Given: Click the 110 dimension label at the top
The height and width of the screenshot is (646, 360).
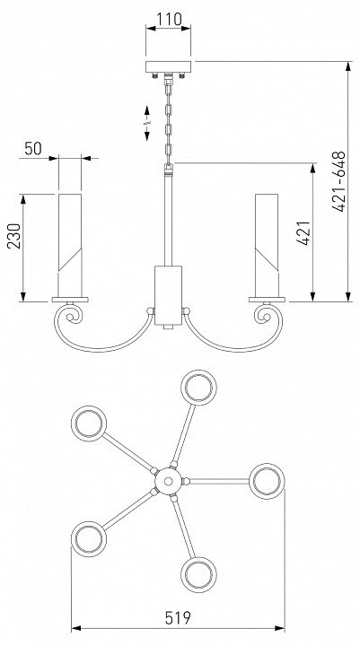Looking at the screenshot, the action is pyautogui.click(x=169, y=20).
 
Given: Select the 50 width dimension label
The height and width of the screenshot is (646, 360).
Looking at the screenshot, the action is pyautogui.click(x=33, y=149).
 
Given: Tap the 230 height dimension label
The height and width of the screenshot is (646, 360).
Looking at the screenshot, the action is pyautogui.click(x=14, y=236).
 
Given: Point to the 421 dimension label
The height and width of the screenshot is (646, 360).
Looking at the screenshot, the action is pyautogui.click(x=303, y=233).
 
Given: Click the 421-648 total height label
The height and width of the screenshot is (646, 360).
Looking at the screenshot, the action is pyautogui.click(x=338, y=181).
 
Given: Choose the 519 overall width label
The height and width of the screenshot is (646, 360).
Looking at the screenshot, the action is pyautogui.click(x=178, y=618).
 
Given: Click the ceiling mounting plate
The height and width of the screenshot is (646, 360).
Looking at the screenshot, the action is pyautogui.click(x=168, y=67).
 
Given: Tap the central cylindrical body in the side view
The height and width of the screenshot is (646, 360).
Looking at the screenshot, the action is pyautogui.click(x=168, y=295).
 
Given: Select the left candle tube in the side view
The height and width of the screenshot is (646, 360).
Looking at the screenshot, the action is pyautogui.click(x=70, y=246).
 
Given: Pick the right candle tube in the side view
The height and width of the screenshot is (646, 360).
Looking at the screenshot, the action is pyautogui.click(x=267, y=246).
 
